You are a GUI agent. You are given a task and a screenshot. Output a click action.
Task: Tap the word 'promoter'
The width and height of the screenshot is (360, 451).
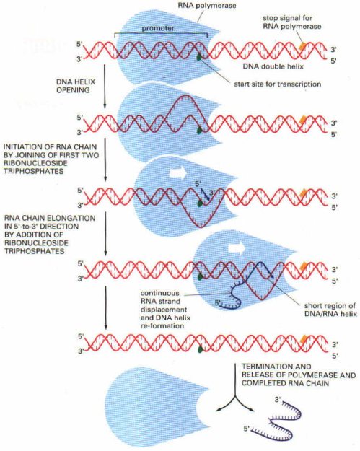point(158,28)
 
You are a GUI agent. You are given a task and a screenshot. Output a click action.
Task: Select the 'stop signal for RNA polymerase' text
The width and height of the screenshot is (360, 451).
point(291,22)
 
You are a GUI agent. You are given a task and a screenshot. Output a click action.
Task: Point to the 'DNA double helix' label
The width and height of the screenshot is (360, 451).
point(273,66)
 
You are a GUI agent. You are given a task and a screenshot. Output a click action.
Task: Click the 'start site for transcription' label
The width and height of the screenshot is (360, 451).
point(277,84)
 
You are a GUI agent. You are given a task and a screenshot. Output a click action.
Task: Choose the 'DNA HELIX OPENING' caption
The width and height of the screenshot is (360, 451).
point(76,86)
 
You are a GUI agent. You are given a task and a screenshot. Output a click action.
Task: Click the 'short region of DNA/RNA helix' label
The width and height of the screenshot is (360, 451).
point(330,310)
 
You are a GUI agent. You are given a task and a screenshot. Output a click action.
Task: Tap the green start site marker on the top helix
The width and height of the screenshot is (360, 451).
point(199,58)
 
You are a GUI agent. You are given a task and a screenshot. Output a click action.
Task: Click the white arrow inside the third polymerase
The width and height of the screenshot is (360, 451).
point(178,174)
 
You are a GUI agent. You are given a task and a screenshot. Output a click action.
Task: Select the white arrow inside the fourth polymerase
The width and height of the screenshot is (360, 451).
point(236,249)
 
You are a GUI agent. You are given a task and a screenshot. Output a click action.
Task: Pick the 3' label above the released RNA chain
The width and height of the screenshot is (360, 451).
point(278,400)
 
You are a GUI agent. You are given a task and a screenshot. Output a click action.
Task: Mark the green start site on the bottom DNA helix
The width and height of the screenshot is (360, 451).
point(200,350)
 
